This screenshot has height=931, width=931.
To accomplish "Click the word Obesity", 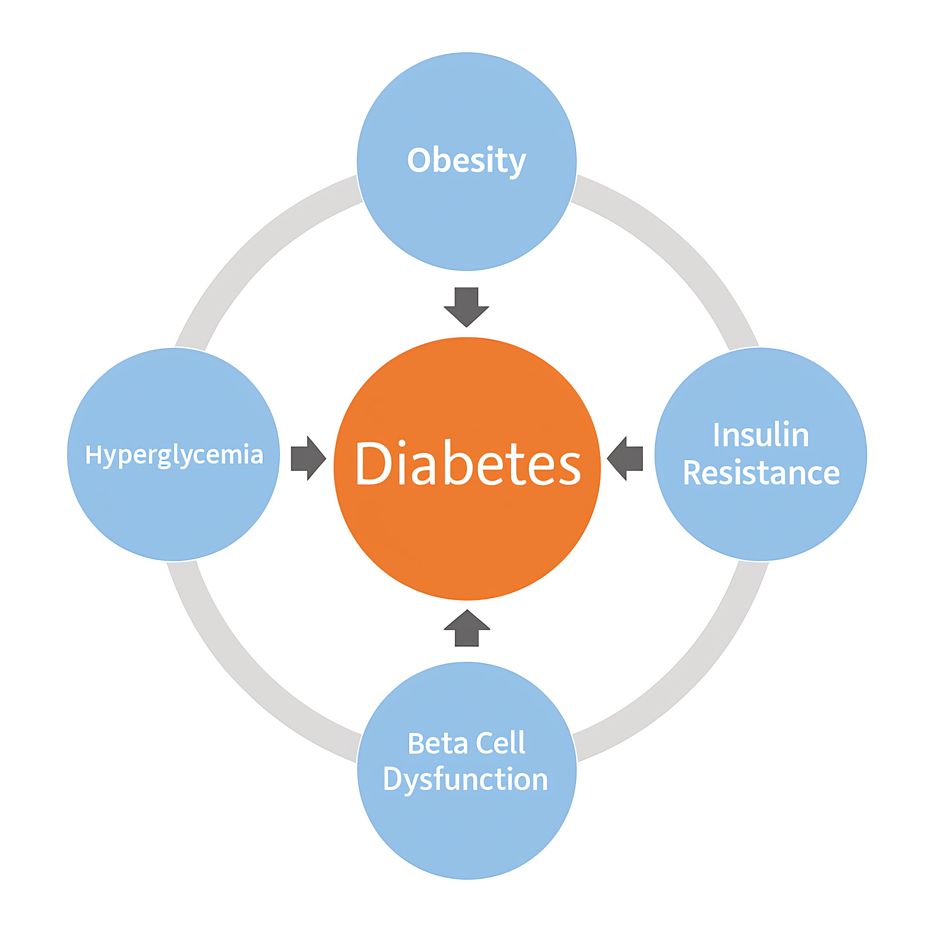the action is click(466, 161).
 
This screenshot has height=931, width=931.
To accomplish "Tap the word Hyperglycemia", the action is click(175, 455).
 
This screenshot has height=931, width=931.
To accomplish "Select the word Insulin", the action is click(761, 435).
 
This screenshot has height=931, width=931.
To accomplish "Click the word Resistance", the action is click(761, 473).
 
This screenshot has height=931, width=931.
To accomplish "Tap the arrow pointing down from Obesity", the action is click(466, 307).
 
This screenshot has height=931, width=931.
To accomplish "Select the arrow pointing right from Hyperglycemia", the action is click(308, 458).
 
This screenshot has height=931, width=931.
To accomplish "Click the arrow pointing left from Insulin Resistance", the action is click(625, 458).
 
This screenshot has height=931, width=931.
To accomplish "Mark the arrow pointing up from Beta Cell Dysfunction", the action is click(467, 628).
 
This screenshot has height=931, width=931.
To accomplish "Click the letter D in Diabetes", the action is click(374, 463).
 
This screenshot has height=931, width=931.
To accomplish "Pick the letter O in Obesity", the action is click(419, 160).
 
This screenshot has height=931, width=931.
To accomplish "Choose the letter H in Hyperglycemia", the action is click(93, 454).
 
